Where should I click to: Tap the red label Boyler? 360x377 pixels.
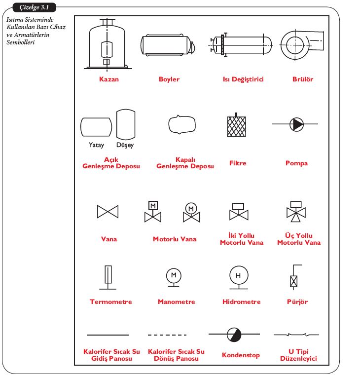[x=169, y=79]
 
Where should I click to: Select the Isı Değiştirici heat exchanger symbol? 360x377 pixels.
[x=241, y=45]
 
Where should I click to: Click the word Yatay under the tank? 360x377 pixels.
[x=96, y=145]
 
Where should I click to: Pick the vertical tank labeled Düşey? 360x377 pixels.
[x=125, y=125]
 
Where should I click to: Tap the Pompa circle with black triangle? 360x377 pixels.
[x=297, y=124]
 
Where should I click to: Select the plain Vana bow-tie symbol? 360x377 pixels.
[x=108, y=211]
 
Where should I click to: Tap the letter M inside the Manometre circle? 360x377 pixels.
[x=174, y=274]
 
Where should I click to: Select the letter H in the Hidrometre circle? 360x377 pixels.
[x=238, y=275]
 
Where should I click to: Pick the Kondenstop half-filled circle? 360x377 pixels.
[x=234, y=335]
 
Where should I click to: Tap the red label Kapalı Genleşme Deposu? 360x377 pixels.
[x=185, y=163]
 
